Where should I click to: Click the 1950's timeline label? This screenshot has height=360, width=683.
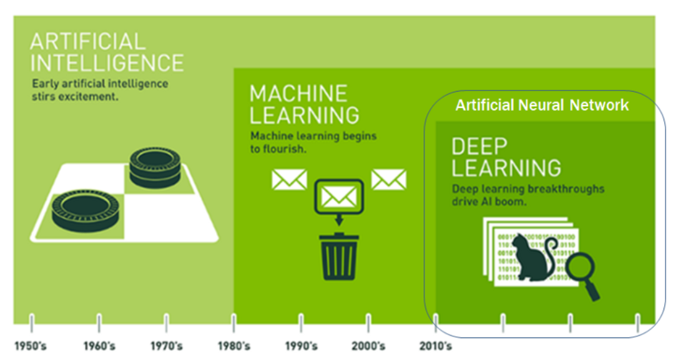click(x=31, y=346)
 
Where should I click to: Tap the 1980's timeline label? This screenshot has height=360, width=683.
click(x=234, y=346)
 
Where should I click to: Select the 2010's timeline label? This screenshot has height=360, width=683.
click(x=436, y=346)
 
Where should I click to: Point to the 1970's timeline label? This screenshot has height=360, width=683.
click(x=167, y=346)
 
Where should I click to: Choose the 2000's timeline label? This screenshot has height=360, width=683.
click(x=368, y=346)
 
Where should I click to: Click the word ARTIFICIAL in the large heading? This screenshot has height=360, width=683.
click(x=88, y=42)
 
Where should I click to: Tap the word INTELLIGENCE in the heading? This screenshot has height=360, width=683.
click(x=107, y=63)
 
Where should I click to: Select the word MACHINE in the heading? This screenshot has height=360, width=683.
click(x=299, y=94)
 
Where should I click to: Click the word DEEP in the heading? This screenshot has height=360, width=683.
click(x=479, y=147)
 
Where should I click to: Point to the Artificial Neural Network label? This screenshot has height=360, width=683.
click(x=543, y=105)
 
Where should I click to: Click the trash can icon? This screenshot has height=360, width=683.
click(x=339, y=256)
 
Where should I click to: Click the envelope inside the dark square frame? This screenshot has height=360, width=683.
click(x=339, y=197)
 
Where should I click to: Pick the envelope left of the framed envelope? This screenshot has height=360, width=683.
click(x=289, y=180)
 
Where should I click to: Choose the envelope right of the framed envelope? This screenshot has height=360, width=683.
click(x=389, y=180)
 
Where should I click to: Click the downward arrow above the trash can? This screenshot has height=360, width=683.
click(x=339, y=220)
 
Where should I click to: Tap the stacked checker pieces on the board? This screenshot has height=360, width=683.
click(x=155, y=168)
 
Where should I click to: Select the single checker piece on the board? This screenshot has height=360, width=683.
click(x=86, y=210)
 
